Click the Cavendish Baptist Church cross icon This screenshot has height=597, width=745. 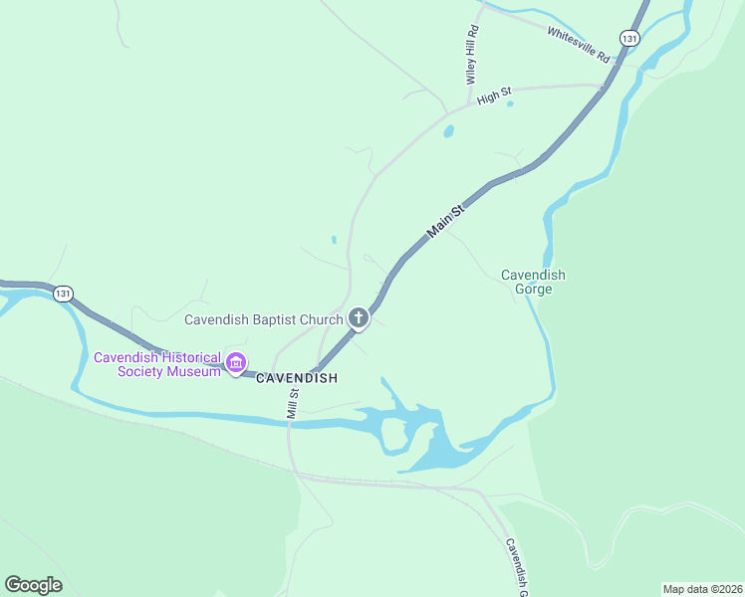tap(359, 319)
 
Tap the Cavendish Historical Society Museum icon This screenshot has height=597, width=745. tap(236, 363)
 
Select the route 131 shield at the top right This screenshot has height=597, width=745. tap(628, 38)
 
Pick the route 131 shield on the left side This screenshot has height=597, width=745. tap(64, 294)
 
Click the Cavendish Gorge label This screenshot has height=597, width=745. tap(533, 282)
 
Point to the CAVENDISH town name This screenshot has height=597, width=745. tap(297, 379)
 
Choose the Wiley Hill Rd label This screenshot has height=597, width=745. tap(473, 55)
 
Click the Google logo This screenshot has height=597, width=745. tap(33, 585)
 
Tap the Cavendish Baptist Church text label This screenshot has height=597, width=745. tap(264, 319)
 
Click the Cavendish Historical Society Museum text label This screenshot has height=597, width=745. tap(156, 364)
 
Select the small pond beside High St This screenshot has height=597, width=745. tap(448, 130)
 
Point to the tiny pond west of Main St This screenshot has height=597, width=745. tap(334, 240)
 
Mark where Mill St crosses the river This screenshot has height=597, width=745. tap(291, 423)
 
